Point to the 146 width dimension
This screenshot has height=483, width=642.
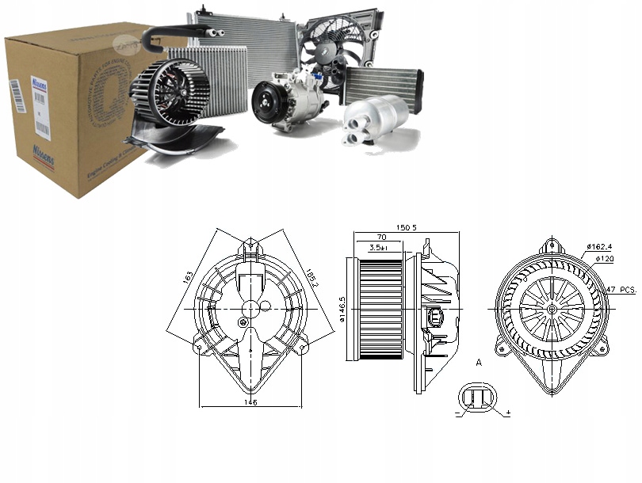250,402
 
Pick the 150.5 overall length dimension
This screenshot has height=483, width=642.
406,228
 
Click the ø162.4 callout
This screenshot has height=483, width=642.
601,247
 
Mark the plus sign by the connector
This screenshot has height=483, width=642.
507,413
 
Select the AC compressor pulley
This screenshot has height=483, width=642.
266,101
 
